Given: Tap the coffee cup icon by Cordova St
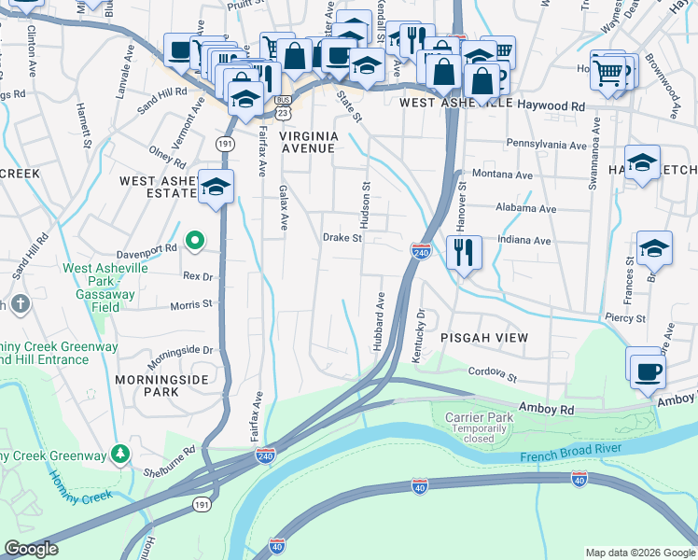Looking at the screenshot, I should (x=646, y=371).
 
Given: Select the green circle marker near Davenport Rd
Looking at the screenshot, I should (x=195, y=242).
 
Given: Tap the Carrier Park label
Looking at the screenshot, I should (x=480, y=417).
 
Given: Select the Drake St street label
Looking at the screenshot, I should (x=342, y=238).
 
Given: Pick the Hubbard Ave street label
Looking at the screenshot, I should (x=380, y=321).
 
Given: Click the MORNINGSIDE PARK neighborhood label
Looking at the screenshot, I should (x=147, y=385).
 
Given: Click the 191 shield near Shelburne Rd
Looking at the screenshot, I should (x=202, y=503).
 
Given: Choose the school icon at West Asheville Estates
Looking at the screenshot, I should (x=216, y=188).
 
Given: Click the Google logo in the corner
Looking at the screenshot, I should (x=31, y=549).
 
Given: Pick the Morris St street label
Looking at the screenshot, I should (x=191, y=304).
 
